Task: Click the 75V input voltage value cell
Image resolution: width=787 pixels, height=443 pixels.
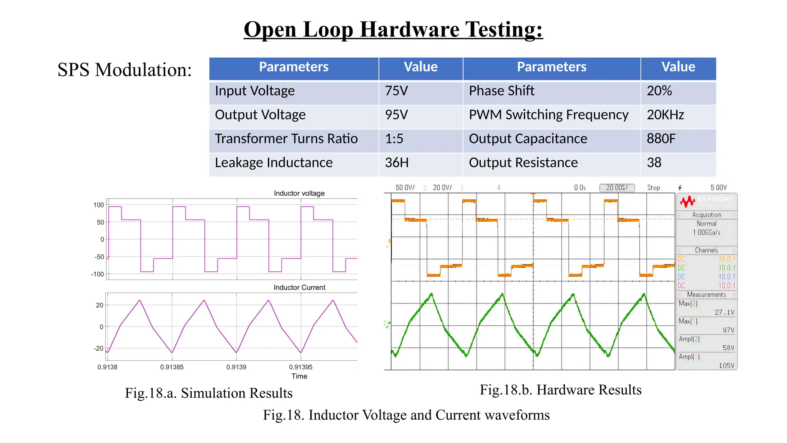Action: click(397, 91)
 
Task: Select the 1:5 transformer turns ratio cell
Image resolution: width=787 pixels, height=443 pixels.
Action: click(394, 139)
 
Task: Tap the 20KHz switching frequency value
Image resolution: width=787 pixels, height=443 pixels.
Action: click(665, 115)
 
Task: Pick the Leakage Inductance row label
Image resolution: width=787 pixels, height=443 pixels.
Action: click(274, 163)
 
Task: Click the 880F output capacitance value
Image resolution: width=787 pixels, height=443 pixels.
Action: click(661, 139)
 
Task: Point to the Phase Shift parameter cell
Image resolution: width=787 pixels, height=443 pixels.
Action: click(501, 91)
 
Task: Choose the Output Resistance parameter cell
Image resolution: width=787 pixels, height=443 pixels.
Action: click(523, 163)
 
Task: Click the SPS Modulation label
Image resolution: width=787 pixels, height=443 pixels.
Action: click(125, 70)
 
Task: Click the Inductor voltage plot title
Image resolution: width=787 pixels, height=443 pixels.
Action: click(299, 193)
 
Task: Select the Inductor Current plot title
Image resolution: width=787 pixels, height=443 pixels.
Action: click(299, 288)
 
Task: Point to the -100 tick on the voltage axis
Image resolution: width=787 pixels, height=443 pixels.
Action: click(98, 274)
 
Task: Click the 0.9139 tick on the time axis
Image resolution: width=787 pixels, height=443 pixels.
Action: click(236, 367)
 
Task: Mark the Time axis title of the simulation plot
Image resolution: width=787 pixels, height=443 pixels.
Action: click(299, 376)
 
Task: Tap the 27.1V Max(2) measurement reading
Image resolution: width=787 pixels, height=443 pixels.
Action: click(724, 313)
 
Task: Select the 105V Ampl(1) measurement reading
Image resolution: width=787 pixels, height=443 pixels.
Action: click(726, 365)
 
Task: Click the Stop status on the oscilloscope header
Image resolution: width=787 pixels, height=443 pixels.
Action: click(653, 188)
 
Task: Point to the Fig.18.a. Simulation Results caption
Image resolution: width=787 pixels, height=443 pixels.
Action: click(209, 393)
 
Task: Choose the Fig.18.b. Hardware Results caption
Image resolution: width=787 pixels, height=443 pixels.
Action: click(561, 390)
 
